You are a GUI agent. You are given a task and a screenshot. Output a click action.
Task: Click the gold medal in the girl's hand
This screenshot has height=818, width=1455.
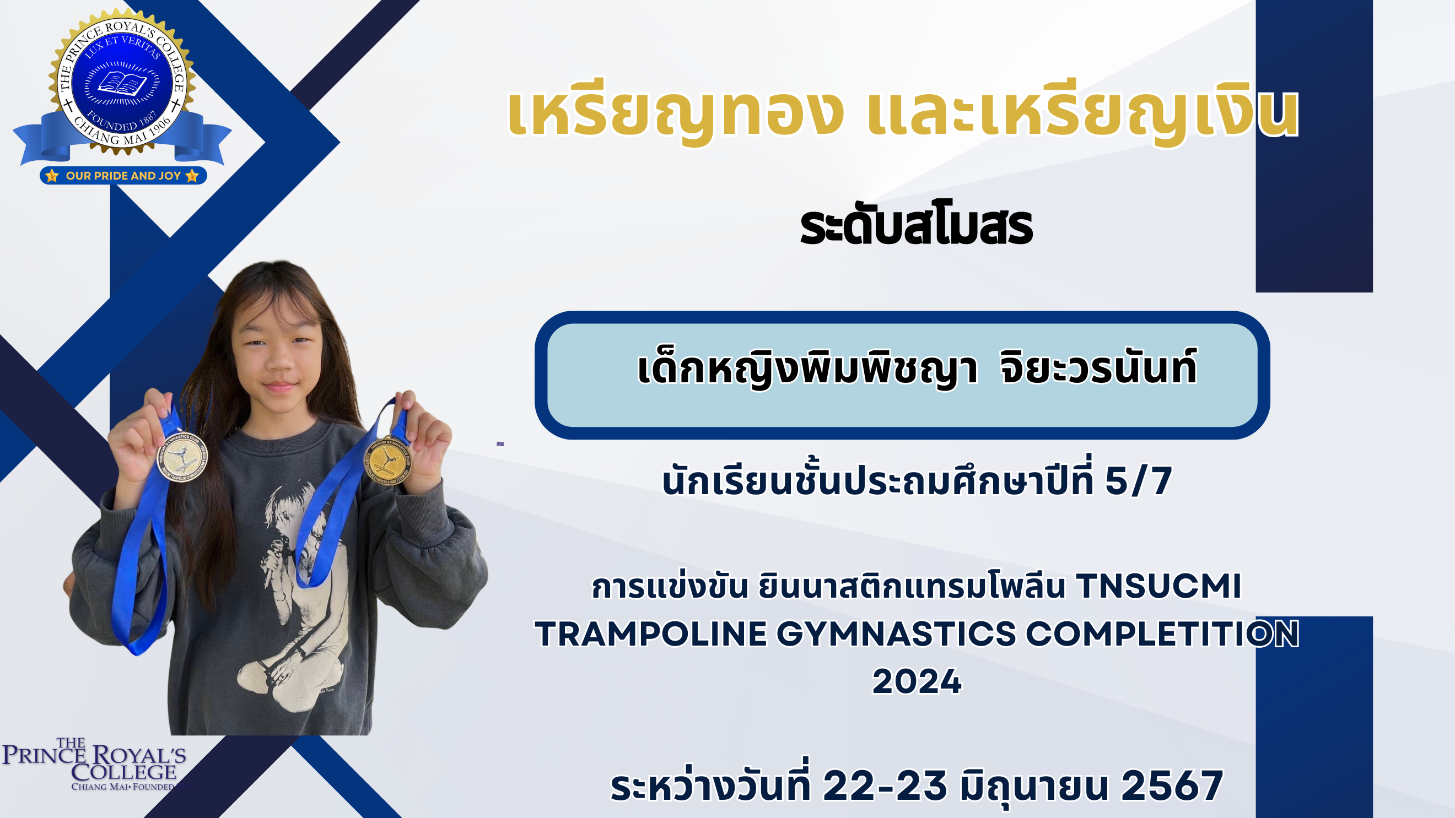pos(387,461)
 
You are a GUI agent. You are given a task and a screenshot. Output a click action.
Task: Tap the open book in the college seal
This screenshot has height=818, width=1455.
pos(122,84)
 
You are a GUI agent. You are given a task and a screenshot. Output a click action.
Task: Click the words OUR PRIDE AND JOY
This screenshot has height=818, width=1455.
pos(123,176)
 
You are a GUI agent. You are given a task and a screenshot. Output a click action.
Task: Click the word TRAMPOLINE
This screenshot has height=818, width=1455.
pos(651,634)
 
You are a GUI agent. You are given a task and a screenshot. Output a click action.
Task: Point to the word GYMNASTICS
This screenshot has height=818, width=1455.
pos(896,634)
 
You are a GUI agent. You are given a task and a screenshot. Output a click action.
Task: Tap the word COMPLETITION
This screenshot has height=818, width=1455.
pos(1162,634)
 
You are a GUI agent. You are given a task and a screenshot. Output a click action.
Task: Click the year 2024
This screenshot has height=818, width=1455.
pos(917,681)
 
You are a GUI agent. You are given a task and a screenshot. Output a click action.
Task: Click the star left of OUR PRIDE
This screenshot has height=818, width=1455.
pos(52,176)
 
